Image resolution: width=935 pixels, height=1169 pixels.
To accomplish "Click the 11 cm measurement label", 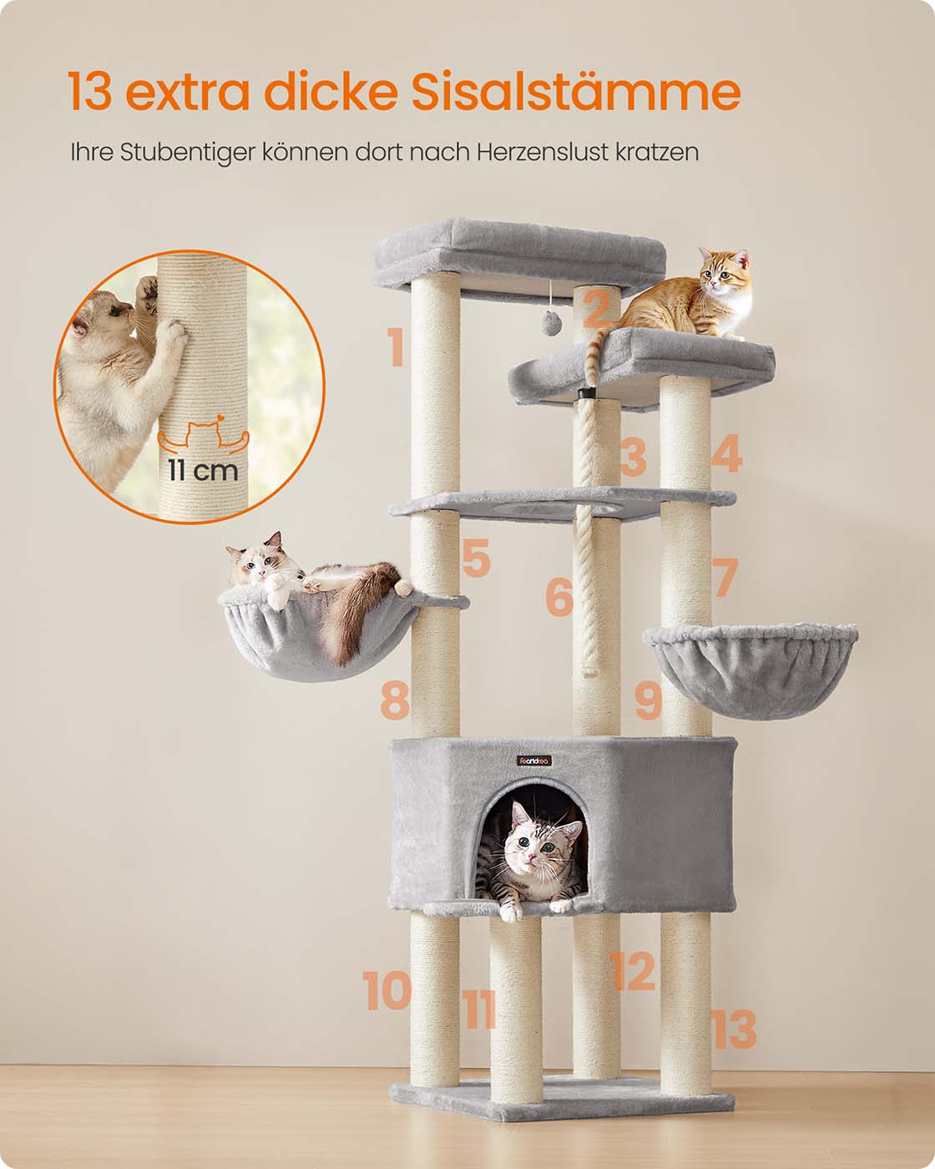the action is (203, 470).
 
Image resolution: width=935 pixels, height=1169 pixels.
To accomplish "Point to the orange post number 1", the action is (396, 347).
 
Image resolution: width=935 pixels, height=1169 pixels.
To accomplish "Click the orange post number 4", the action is (727, 453).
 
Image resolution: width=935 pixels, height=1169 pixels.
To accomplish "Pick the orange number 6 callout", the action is (559, 597).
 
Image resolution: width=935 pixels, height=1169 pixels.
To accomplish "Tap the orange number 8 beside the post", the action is (394, 701).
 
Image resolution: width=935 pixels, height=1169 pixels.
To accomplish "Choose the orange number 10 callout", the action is (387, 990).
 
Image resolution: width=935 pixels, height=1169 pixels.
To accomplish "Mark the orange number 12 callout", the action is (632, 970).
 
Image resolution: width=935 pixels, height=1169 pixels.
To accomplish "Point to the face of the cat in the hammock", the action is (256, 567).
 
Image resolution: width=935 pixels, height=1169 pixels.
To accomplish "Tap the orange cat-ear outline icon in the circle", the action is (203, 433).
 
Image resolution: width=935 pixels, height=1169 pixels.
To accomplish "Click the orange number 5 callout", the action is (477, 557).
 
